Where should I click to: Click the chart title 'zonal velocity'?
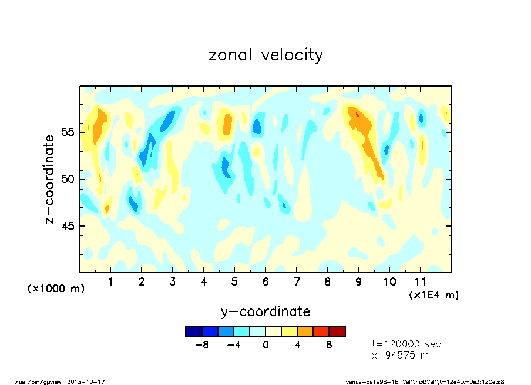pyautogui.click(x=265, y=55)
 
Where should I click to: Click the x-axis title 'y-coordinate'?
pyautogui.click(x=265, y=311)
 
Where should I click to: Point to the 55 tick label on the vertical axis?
pyautogui.click(x=68, y=132)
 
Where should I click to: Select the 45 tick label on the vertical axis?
pyautogui.click(x=68, y=226)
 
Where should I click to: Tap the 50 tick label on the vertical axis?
pyautogui.click(x=68, y=179)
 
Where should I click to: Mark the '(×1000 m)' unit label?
pyautogui.click(x=56, y=288)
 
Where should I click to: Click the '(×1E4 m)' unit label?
pyautogui.click(x=433, y=295)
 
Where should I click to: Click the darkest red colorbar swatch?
pyautogui.click(x=337, y=331)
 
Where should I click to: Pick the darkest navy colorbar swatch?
pyautogui.click(x=193, y=331)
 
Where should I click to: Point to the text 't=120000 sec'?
pyautogui.click(x=406, y=344)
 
